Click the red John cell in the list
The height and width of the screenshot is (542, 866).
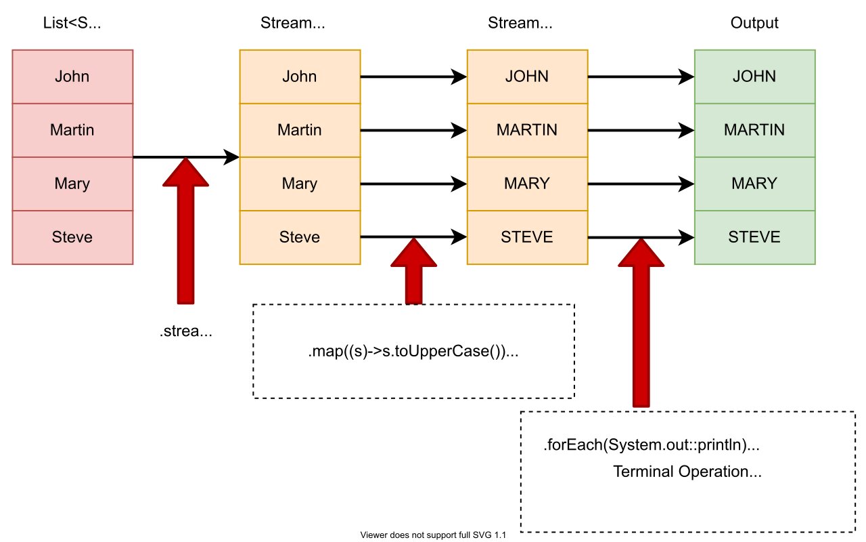pyautogui.click(x=72, y=76)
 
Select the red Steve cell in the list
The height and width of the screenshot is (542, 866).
pyautogui.click(x=72, y=237)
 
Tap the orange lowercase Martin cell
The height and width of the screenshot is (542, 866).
pyautogui.click(x=300, y=129)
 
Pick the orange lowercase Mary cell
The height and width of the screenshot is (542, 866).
pyautogui.click(x=300, y=184)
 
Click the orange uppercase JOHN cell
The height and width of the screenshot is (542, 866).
pyautogui.click(x=527, y=76)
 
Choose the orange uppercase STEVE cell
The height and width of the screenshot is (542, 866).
pyautogui.click(x=527, y=237)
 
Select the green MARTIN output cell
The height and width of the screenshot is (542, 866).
pyautogui.click(x=754, y=129)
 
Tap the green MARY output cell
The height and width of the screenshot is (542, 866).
pyautogui.click(x=754, y=184)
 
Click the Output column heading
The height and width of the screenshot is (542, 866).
pyautogui.click(x=754, y=23)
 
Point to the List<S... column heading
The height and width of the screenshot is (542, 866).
pyautogui.click(x=72, y=23)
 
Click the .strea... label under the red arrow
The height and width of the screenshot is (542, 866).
pyautogui.click(x=185, y=332)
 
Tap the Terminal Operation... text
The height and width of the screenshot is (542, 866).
pyautogui.click(x=687, y=472)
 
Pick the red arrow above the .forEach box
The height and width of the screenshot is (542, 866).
pyautogui.click(x=641, y=325)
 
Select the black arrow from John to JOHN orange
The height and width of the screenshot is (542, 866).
pyautogui.click(x=413, y=77)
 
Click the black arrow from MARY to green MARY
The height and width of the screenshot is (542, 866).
pyautogui.click(x=640, y=184)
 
